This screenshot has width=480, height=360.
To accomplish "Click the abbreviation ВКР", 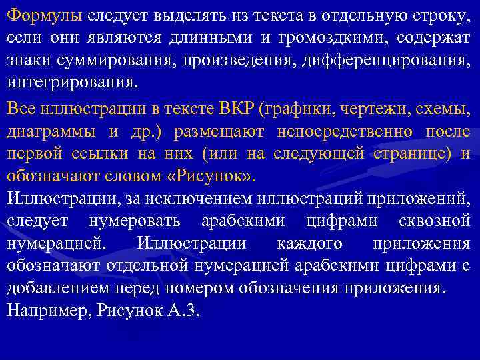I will click(x=236, y=109).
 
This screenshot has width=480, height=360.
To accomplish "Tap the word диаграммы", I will click(x=51, y=132).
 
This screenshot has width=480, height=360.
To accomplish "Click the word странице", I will click(x=409, y=155).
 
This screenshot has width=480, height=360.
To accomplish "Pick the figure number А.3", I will click(x=183, y=312).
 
